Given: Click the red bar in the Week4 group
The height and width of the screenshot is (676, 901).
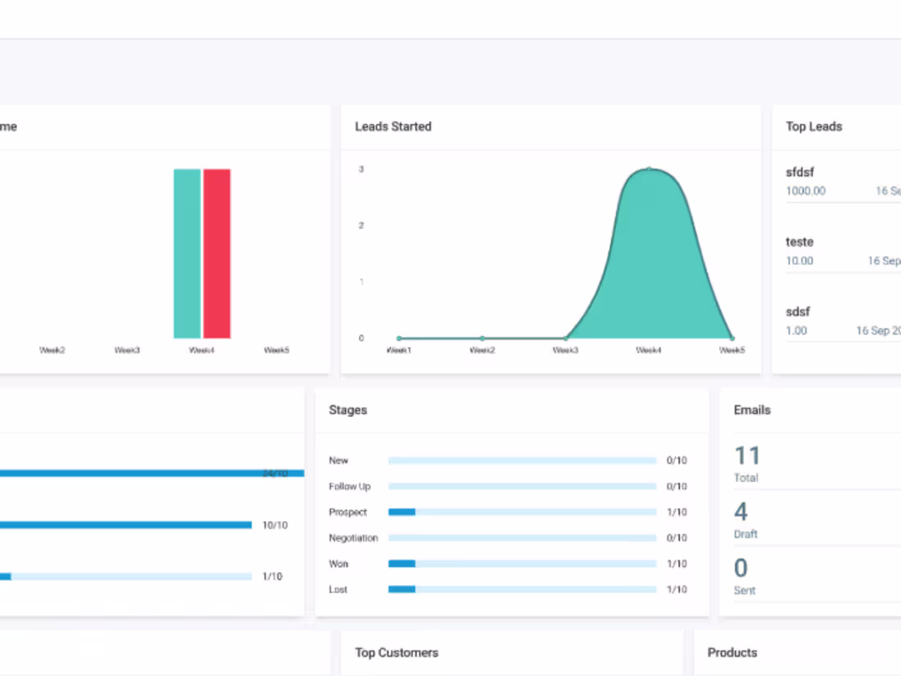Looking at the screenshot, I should coord(217,253).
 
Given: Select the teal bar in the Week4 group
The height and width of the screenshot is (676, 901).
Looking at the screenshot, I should coord(187,253).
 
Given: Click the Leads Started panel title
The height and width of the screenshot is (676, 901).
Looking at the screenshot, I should coord(393,126).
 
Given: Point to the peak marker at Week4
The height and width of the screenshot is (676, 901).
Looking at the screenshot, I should coord(649,169).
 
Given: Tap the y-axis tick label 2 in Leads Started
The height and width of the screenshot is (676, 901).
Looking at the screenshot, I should coord(361,225).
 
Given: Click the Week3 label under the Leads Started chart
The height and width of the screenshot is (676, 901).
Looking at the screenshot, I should coord(565,350).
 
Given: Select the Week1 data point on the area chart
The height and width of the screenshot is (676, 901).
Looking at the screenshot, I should coord(399,338).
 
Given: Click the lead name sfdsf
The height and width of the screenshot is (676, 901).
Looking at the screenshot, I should coord(800,172).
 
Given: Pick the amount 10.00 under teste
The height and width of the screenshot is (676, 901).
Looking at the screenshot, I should coord(799,261).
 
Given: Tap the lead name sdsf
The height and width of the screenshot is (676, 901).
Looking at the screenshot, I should coord(798,311).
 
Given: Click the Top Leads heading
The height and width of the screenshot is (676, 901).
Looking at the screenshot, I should coord(814,126).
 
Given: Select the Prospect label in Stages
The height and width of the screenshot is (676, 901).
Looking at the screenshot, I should coord(348,512).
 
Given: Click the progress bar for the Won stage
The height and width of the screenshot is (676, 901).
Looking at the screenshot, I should coord(522,564).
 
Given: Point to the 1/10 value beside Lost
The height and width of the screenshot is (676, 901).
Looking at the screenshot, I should coord(677,589).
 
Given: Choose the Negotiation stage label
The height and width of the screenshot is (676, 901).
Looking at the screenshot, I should coord(353,538).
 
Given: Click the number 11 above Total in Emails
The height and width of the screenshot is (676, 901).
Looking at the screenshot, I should coord(747,456).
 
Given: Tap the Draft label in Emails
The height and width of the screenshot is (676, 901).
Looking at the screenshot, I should coord(745,534).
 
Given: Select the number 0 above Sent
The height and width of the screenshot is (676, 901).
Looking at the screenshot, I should coord(740,568).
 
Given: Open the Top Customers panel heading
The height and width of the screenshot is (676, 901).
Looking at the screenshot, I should coord(396,652).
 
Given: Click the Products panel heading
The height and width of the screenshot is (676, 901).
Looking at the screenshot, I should coord(732,652).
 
